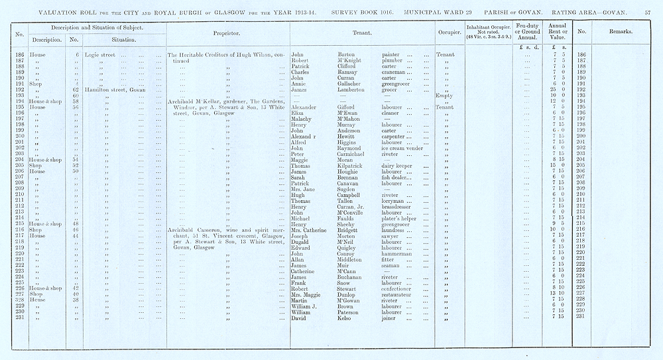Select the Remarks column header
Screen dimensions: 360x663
pyautogui.click(x=621, y=32)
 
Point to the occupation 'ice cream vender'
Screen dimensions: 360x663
pyautogui.click(x=402, y=148)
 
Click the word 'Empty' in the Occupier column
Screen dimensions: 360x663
pyautogui.click(x=444, y=95)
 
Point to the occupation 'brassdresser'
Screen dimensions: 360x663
pyautogui.click(x=400, y=205)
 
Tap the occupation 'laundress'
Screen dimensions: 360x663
pyautogui.click(x=396, y=229)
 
